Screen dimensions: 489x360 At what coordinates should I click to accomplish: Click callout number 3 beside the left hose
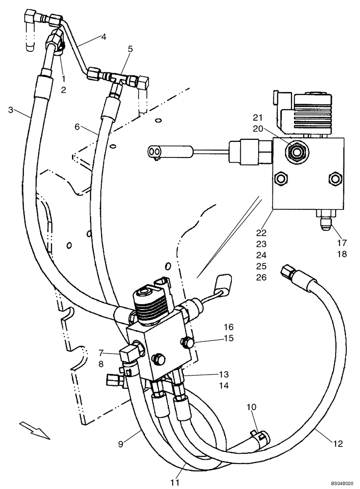click(10, 109)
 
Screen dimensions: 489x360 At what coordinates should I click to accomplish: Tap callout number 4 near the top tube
click(103, 36)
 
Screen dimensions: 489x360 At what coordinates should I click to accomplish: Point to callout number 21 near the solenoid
click(258, 117)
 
